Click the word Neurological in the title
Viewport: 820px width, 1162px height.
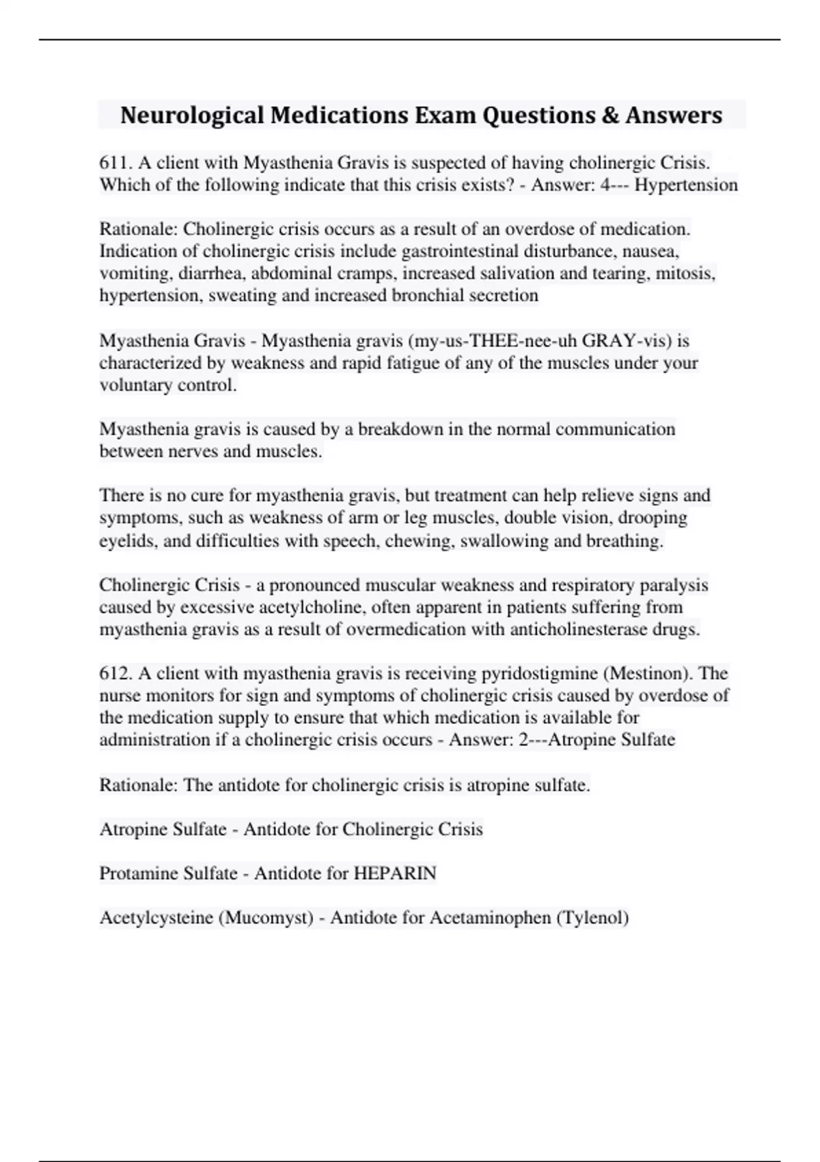tap(192, 116)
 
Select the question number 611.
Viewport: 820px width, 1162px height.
tap(115, 163)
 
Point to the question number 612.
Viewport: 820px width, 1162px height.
tap(115, 673)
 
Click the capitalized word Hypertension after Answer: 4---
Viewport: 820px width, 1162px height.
tap(686, 185)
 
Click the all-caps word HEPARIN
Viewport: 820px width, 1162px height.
tap(394, 873)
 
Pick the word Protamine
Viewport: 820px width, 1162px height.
tap(134, 873)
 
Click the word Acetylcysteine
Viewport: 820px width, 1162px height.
tap(156, 917)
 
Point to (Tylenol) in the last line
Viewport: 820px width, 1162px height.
tap(592, 917)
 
